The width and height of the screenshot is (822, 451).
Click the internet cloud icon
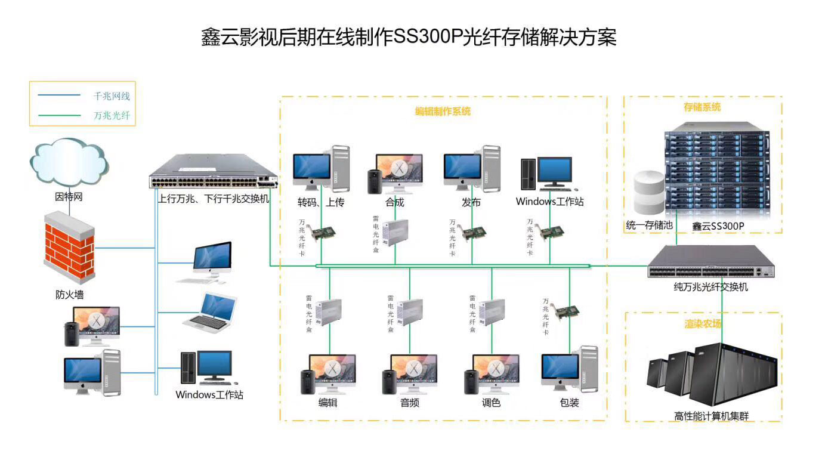(x=69, y=162)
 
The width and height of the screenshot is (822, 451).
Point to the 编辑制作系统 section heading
(x=443, y=111)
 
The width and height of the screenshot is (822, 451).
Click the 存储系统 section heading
(x=702, y=107)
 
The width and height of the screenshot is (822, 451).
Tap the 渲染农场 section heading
(x=703, y=324)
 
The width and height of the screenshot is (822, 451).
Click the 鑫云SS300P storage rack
(x=716, y=173)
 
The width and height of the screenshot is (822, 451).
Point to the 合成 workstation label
(x=395, y=202)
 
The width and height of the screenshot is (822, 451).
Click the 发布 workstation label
(x=471, y=202)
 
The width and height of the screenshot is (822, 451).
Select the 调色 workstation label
(x=491, y=403)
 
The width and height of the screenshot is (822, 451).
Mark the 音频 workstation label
(x=409, y=403)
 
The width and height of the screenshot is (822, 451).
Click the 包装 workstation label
(x=569, y=403)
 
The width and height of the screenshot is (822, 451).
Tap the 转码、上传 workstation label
(x=321, y=202)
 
